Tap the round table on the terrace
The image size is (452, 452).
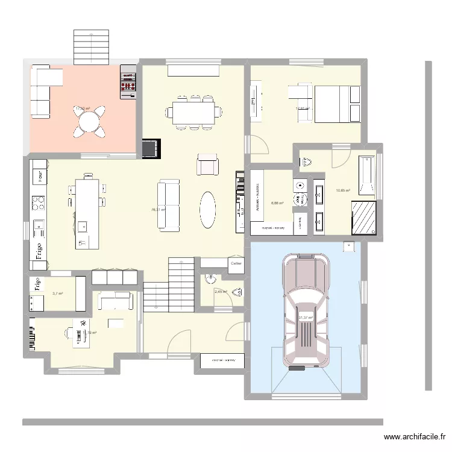89,122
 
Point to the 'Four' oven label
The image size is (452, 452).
40,177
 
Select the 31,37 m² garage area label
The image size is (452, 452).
306,318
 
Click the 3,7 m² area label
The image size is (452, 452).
58,294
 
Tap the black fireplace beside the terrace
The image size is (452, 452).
151,148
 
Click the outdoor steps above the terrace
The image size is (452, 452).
92,47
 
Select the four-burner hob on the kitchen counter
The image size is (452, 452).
39,202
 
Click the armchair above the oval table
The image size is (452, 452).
208,165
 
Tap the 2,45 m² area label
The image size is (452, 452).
221,292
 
